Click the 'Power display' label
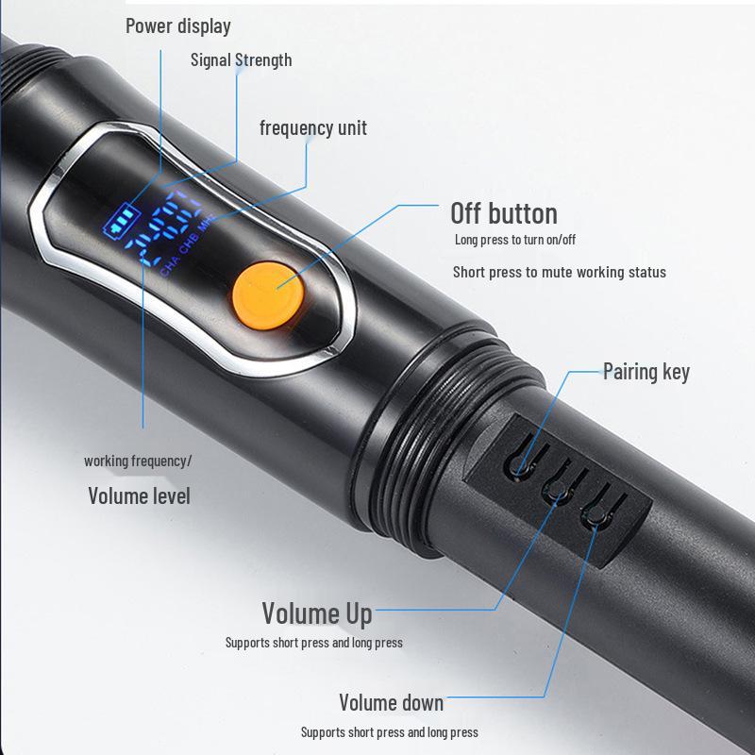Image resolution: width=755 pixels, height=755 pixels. tap(177, 25)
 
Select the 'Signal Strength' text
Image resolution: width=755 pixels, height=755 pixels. tap(241, 60)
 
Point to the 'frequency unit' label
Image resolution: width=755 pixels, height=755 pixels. tap(313, 127)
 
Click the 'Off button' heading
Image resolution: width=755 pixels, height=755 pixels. tap(503, 212)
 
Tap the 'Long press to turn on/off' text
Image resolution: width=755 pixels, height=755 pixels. tap(514, 240)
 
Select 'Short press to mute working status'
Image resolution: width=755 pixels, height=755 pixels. tap(559, 272)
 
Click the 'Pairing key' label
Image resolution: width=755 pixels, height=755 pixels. tap(646, 371)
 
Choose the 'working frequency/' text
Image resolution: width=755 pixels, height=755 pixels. tap(138, 461)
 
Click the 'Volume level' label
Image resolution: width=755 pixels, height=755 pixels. tap(139, 495)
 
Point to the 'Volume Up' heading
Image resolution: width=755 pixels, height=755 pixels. tap(316, 613)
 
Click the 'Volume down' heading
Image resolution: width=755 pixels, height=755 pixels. tap(391, 702)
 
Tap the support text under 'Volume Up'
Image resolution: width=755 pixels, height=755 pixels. tap(313, 643)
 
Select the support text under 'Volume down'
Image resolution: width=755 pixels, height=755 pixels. tap(389, 731)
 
